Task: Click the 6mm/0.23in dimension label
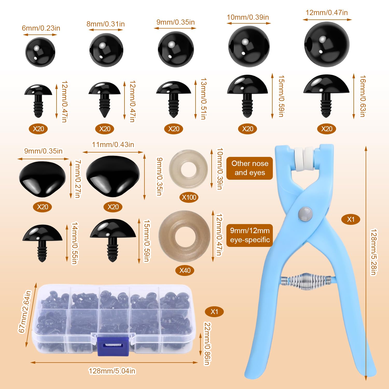(41, 28)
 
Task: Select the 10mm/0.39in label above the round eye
(248, 17)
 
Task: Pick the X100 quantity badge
(189, 197)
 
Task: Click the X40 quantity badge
(185, 270)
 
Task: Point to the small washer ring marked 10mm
(189, 169)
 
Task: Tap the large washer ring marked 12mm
(184, 236)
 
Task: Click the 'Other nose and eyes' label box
(249, 168)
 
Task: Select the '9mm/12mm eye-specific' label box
(250, 235)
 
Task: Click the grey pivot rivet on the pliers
(305, 214)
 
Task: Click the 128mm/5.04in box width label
(112, 371)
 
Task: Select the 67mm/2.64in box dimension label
(25, 311)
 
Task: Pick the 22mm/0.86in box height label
(207, 344)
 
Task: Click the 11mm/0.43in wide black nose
(113, 176)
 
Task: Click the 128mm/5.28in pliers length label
(374, 252)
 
